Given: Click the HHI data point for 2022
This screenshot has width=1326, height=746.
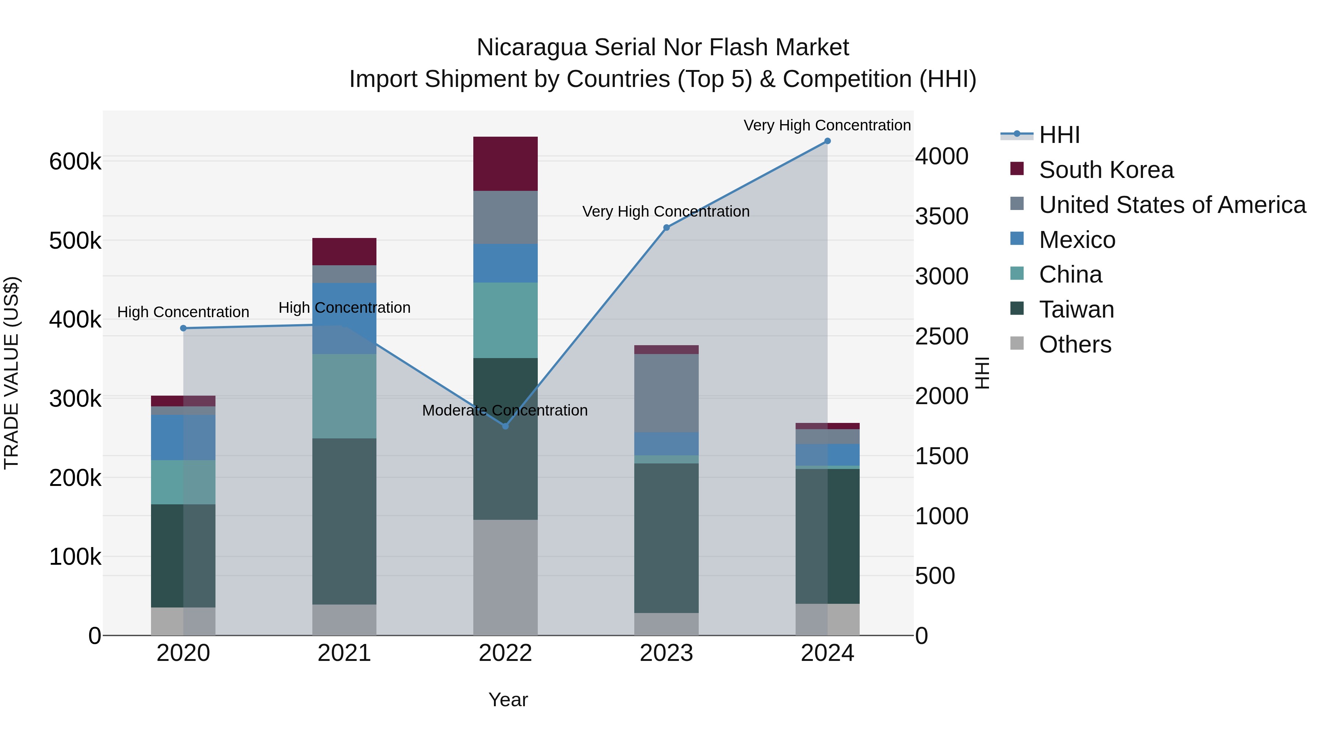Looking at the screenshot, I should click(505, 426).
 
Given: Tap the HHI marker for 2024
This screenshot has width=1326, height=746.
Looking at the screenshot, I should click(827, 141).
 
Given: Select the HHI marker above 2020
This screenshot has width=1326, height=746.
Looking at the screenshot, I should click(183, 328).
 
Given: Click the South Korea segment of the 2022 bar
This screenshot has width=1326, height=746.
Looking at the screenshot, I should click(505, 164).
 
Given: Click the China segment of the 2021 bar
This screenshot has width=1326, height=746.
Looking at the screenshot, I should click(344, 396).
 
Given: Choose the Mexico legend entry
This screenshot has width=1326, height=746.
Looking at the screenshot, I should click(1077, 240).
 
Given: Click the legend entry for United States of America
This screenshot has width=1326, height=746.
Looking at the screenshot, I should click(1172, 205).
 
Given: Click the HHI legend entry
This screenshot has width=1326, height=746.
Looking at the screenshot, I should click(1059, 135).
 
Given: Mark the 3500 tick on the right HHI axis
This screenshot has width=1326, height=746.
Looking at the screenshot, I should click(941, 217).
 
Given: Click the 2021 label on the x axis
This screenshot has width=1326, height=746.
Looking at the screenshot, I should click(344, 653).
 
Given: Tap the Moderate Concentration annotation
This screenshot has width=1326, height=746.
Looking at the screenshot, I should click(505, 410).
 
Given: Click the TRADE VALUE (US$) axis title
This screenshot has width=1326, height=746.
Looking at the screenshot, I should click(11, 373).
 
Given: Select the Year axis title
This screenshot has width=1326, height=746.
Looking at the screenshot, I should click(508, 700).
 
